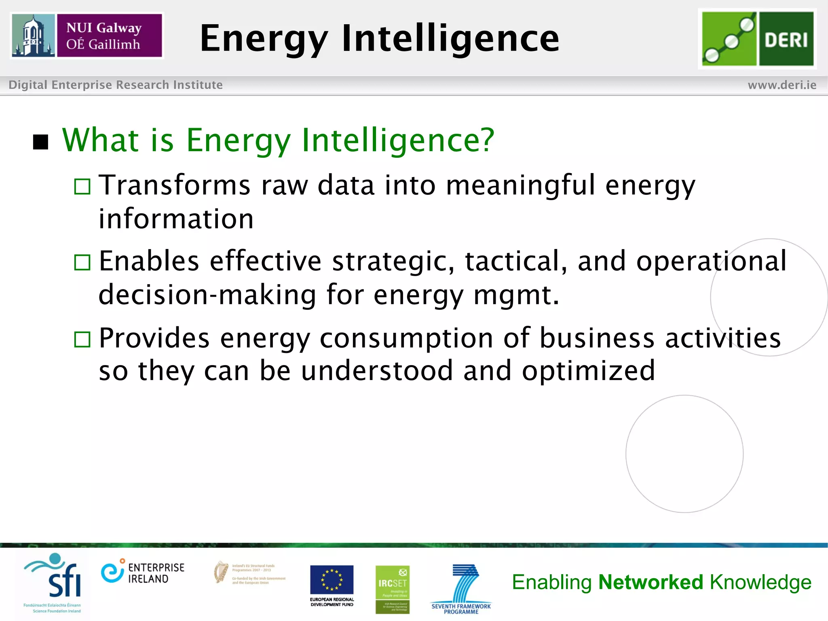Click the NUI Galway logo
click(87, 36)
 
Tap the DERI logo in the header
click(757, 38)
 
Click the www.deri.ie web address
click(782, 85)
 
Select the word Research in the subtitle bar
click(142, 85)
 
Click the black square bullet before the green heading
click(40, 142)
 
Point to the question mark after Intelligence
click(487, 139)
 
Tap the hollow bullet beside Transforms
click(82, 186)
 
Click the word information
click(176, 219)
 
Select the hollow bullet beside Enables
click(82, 262)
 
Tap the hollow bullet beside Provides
click(82, 339)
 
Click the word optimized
click(588, 371)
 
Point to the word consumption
click(406, 338)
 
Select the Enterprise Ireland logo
click(142, 573)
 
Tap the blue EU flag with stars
click(332, 579)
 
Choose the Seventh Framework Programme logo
click(461, 588)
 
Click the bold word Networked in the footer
click(651, 582)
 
